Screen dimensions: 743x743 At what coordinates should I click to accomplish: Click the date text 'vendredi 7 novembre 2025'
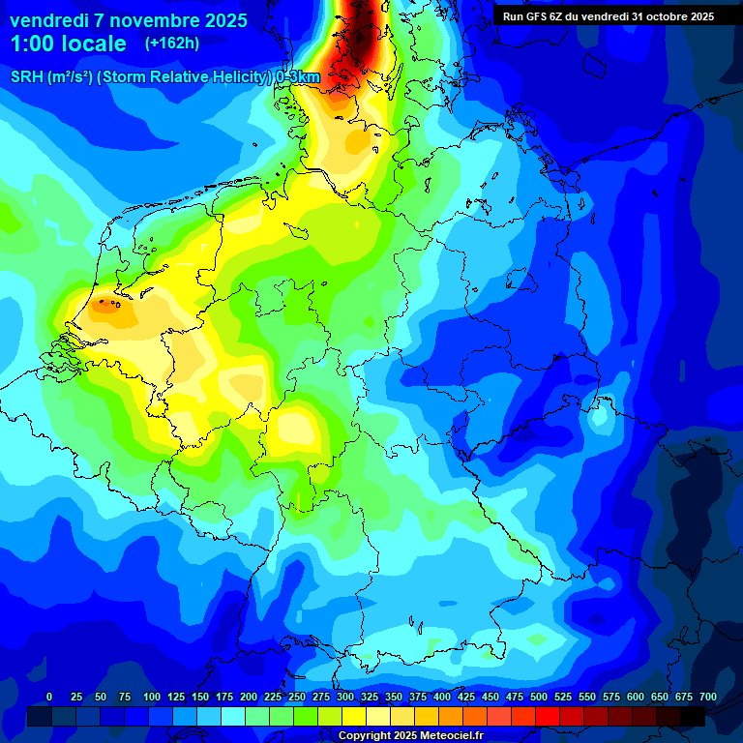128,20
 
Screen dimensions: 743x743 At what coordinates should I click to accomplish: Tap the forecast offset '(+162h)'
172,44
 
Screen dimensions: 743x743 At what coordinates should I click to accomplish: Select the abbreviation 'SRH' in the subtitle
27,77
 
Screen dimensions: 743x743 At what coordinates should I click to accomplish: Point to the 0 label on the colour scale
49,697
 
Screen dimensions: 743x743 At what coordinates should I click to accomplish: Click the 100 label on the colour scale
152,697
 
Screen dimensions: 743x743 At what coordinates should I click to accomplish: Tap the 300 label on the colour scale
345,697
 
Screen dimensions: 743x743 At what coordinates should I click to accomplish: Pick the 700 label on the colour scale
708,697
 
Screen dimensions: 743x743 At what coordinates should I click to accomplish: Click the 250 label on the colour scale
297,697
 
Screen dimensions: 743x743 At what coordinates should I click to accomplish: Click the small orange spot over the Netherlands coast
106,307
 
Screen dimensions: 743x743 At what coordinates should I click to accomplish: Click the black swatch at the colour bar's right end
692,716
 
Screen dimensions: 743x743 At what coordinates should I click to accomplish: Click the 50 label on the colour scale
101,697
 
